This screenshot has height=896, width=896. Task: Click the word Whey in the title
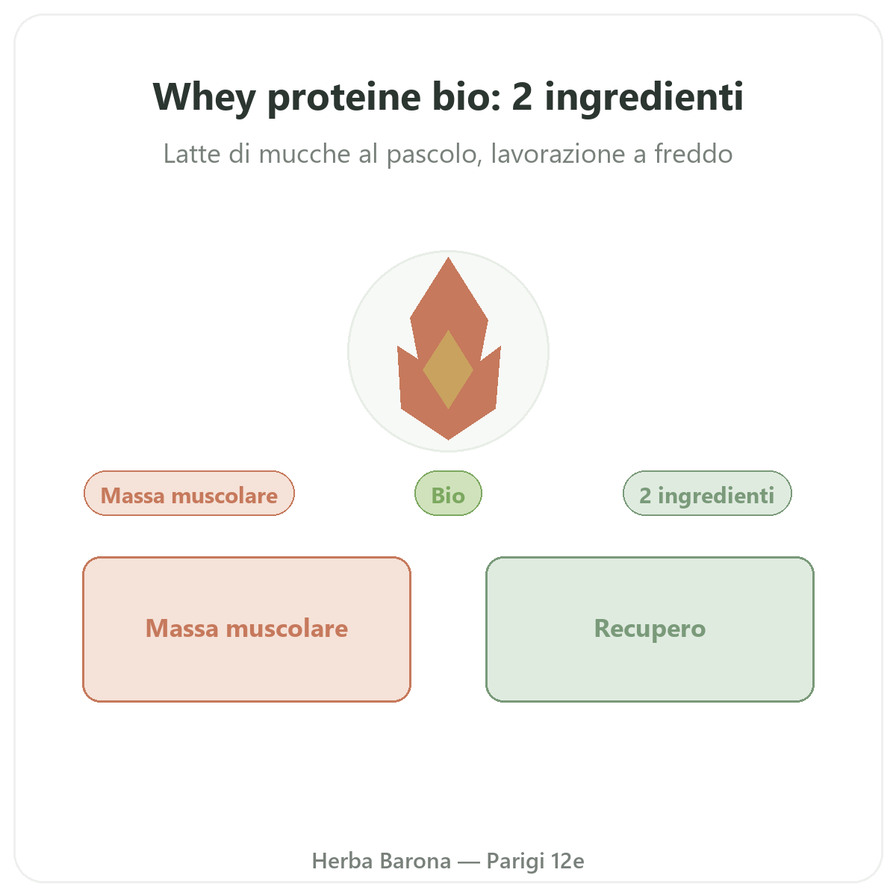tap(204, 98)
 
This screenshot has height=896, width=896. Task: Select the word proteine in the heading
tap(344, 97)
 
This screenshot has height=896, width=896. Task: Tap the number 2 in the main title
tap(522, 97)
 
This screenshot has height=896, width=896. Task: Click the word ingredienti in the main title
tap(644, 97)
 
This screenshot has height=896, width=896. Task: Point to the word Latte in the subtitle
tap(192, 154)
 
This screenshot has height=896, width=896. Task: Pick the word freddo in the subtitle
tap(693, 154)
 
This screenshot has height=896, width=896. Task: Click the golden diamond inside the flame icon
tap(448, 370)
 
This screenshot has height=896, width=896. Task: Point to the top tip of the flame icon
tap(448, 258)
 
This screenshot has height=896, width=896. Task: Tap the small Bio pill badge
tap(448, 493)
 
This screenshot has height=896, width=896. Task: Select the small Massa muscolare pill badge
tap(189, 493)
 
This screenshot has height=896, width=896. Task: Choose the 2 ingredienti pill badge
tap(707, 493)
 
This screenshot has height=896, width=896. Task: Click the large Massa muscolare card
tap(246, 629)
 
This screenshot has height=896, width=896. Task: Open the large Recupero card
tap(650, 629)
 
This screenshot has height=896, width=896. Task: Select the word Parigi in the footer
tap(515, 862)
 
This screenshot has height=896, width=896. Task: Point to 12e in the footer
tap(567, 861)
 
